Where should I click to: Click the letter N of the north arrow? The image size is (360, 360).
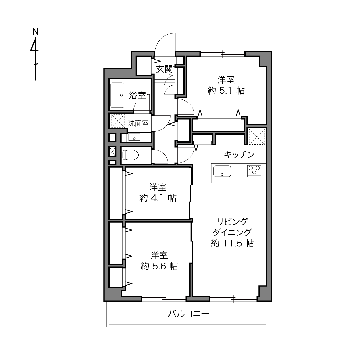coord(35,32)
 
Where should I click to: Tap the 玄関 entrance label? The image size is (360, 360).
coord(164,70)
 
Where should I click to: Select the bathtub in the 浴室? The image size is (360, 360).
coord(117,95)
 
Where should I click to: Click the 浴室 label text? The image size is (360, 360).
coord(137,96)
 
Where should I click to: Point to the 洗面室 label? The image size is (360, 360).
coord(138,123)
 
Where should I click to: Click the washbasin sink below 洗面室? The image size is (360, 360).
coord(134,137)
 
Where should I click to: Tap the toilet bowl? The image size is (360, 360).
coord(131,155)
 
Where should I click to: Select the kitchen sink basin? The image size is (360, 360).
coord(222,171)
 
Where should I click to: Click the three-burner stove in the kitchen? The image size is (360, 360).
coord(254,171)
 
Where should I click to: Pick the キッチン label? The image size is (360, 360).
coord(239,155)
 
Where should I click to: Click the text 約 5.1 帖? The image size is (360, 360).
coord(226,91)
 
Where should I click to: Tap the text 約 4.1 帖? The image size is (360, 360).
coord(158,198)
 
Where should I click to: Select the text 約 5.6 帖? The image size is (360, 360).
coord(159,266)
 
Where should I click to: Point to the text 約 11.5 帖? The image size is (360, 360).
coord(232,244)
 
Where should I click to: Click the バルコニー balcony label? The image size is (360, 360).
coord(189,314)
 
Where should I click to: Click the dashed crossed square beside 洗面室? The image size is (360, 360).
coord(118,121)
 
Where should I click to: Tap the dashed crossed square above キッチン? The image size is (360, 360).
coord(257,137)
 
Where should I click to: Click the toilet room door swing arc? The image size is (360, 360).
coord(164,154)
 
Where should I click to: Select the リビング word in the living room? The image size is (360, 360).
coord(232,222)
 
